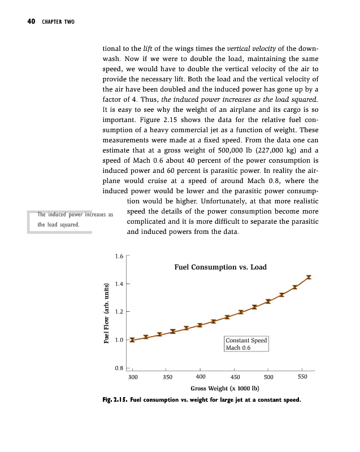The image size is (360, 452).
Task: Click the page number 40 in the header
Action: point(31,22)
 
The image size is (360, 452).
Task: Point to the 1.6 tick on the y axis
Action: point(119,256)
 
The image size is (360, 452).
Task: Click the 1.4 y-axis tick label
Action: point(119,284)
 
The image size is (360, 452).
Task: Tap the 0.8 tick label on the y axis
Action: point(119,368)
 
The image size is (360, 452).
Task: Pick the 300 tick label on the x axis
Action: point(133,376)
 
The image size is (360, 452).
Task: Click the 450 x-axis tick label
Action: point(235,376)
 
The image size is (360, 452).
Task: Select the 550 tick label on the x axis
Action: point(303,376)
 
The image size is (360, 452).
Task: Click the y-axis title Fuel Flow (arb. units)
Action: point(106,312)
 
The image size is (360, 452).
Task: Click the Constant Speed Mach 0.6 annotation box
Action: point(246,344)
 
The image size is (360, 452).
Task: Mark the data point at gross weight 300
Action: point(132,340)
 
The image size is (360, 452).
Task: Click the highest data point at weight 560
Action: point(309,277)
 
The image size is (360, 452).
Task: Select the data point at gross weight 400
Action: point(200,325)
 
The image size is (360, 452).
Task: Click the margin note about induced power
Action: point(75,219)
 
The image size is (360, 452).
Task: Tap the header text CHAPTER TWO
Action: point(58,22)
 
